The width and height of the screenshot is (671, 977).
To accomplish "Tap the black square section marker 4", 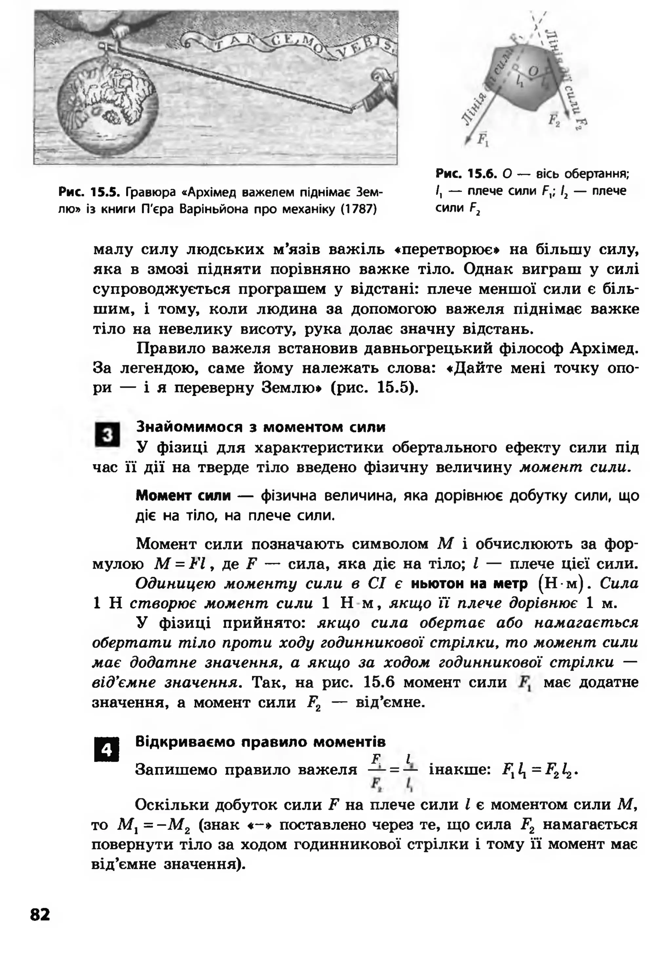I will pos(107,750).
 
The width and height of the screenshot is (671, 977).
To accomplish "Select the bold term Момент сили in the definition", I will pos(183,496).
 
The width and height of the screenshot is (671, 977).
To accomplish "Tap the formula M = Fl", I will pos(180,564).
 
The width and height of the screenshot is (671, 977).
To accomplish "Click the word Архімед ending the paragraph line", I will pos(604,349).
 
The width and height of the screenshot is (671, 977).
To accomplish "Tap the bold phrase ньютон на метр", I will pos(469,584).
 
